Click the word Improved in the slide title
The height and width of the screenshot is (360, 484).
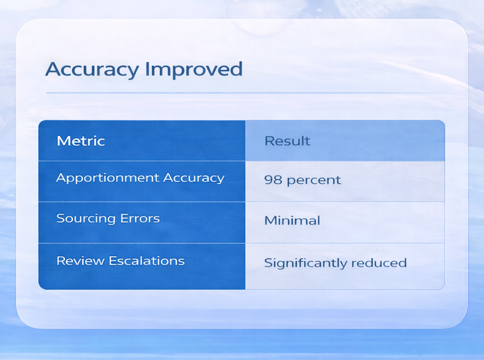pos(194,70)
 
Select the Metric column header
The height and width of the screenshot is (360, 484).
pos(81,141)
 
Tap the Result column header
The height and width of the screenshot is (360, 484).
pos(287,141)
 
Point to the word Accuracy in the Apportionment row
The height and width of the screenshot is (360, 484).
pos(193,178)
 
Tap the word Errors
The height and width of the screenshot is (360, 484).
pos(140,218)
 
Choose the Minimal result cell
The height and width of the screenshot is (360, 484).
pos(292,220)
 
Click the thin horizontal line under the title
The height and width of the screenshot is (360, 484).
pos(244,93)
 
